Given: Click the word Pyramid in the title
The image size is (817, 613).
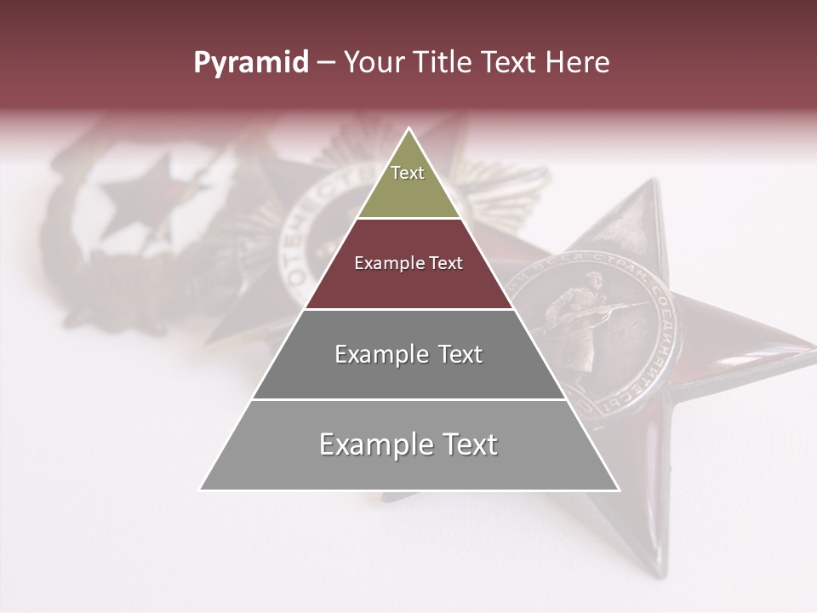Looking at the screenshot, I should (x=250, y=63).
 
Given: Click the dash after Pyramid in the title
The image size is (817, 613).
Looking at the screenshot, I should (x=325, y=63).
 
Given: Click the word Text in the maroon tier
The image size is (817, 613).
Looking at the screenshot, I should (x=447, y=264).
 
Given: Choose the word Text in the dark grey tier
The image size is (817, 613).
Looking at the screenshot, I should (x=460, y=355).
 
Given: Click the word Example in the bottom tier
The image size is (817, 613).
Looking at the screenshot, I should (x=375, y=444).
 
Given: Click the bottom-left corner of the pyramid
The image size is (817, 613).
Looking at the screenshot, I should (x=200, y=490).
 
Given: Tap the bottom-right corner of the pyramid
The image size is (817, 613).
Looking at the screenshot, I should (x=619, y=490).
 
